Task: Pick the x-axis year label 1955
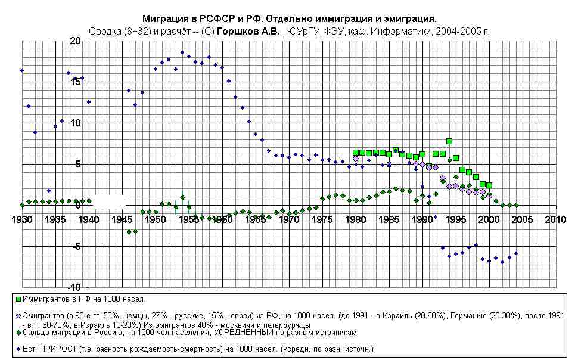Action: click(x=189, y=219)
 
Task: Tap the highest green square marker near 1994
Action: click(x=449, y=141)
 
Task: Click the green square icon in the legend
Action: click(x=19, y=299)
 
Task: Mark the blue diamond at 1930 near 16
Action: click(x=22, y=70)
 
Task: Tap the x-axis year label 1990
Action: click(x=422, y=219)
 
